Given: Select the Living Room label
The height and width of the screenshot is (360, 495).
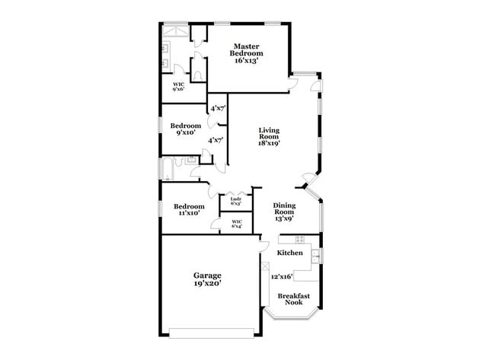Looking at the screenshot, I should click(269, 133).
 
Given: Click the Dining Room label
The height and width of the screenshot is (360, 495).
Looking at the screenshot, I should click(284, 209).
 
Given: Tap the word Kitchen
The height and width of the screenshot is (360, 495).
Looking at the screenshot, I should click(289, 253).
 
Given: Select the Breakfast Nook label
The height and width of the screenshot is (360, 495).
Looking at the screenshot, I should click(292, 299).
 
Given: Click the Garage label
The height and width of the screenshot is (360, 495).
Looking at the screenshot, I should click(206, 275).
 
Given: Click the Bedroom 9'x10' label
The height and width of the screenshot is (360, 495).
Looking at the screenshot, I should click(185, 129).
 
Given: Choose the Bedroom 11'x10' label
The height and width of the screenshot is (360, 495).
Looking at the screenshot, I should click(189, 210).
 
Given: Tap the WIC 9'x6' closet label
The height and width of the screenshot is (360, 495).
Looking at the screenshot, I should click(178, 86).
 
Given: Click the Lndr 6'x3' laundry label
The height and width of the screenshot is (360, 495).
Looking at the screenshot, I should click(236, 202).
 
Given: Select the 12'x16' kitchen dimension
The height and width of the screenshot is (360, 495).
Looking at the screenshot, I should click(282, 276).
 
